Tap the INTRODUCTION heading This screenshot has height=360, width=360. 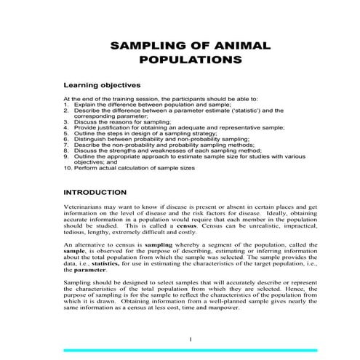point(95,193)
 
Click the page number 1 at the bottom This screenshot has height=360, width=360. point(189,340)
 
